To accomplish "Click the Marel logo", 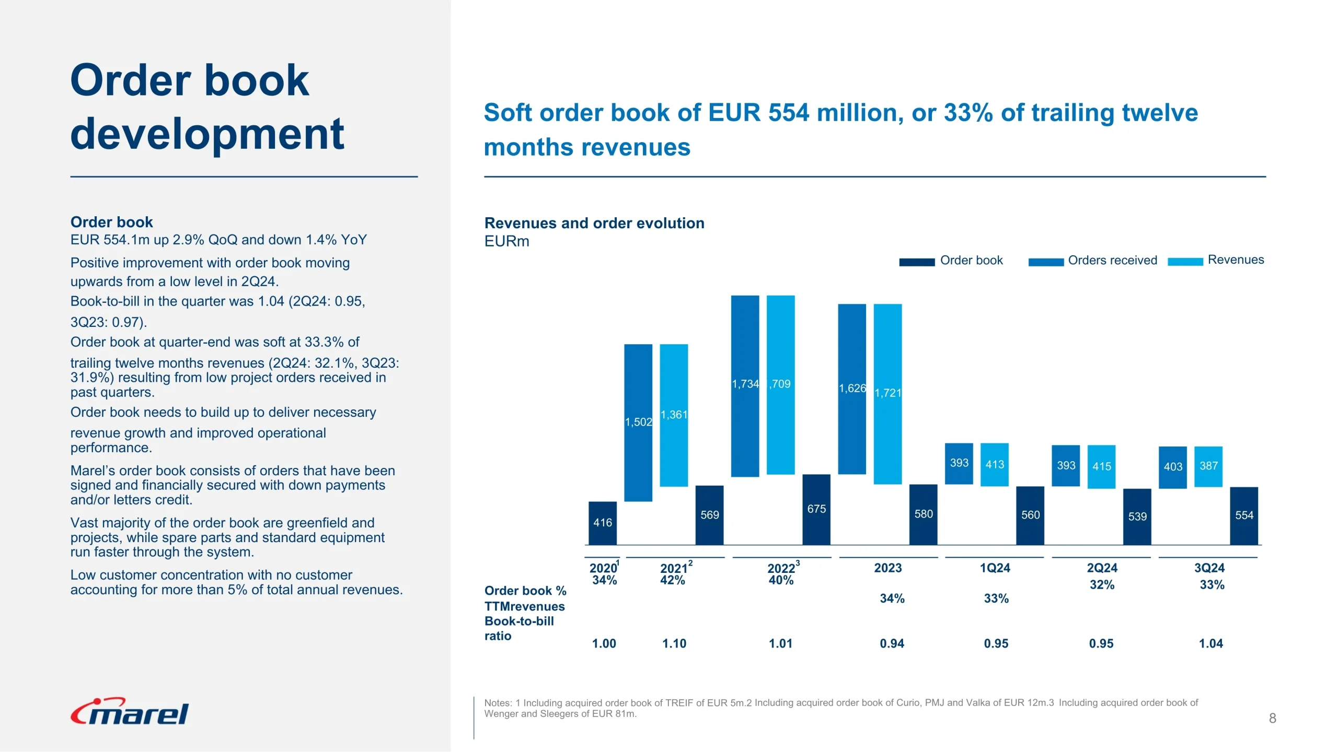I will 130,712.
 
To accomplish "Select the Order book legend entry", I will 951,261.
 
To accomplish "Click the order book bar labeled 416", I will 603,523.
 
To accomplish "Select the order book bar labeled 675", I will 816,509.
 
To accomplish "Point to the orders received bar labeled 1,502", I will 638,422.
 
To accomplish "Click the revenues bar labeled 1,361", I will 674,415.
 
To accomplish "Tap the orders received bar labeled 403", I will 1173,467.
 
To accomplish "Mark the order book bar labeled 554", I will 1244,516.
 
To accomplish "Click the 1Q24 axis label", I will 995,568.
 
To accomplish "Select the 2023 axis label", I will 888,568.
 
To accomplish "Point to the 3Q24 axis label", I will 1209,568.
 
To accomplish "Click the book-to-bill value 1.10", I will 674,644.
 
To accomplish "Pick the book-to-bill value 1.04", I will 1211,644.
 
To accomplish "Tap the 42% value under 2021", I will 673,580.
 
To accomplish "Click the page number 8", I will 1273,719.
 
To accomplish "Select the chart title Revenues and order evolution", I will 594,224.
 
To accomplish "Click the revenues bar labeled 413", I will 995,464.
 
